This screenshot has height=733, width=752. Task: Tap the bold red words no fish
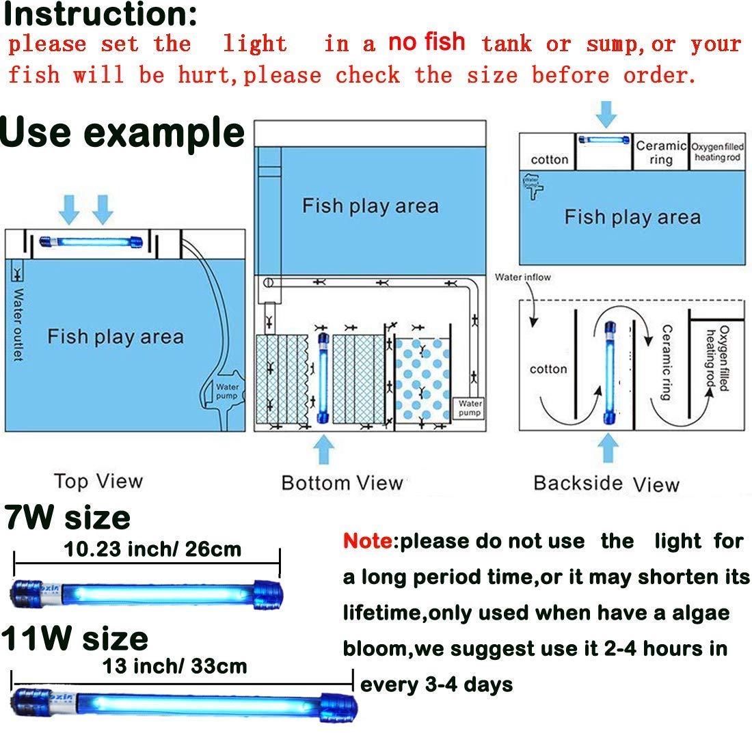[x=427, y=42]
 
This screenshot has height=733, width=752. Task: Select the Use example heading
[x=122, y=133]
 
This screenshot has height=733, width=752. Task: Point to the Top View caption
[x=98, y=481]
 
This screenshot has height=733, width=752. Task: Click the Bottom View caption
[x=342, y=483]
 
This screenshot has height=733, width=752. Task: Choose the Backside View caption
[x=606, y=484]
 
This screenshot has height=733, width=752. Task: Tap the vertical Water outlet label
[x=18, y=324]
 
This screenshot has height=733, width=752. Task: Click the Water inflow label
[x=522, y=277]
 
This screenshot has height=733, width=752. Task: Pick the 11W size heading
[x=75, y=639]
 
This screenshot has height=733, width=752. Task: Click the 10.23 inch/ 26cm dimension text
[x=152, y=549]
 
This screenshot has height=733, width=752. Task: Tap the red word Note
[x=368, y=542]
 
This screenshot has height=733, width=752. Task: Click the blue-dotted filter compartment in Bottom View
[x=422, y=380]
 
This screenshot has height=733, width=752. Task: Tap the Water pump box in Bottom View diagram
[x=470, y=408]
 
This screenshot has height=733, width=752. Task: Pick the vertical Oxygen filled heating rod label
[x=718, y=359]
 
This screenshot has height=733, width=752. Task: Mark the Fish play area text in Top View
[x=115, y=337]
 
